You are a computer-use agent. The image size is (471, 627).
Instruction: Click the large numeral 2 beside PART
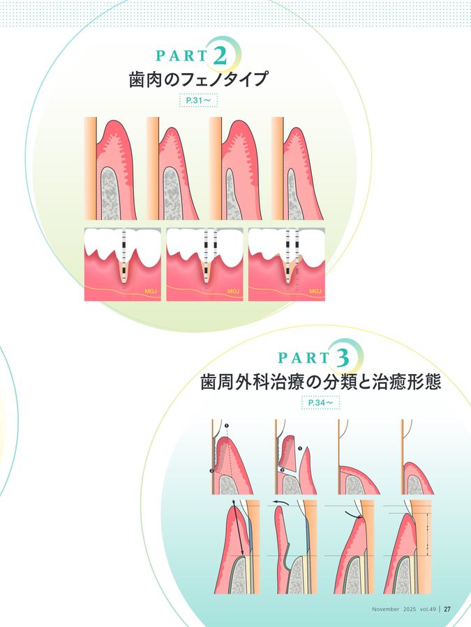tap(220, 56)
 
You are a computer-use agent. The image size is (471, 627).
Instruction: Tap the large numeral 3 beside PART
tap(343, 357)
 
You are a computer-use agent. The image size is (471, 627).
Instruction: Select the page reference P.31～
tap(198, 101)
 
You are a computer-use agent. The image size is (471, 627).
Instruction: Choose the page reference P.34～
tap(320, 403)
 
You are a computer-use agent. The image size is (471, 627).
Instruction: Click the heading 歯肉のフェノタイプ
tap(198, 79)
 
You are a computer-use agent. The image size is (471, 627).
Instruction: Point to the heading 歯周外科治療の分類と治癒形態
tap(320, 382)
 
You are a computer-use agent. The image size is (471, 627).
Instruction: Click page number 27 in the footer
tap(447, 609)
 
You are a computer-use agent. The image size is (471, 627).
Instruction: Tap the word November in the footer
tap(386, 609)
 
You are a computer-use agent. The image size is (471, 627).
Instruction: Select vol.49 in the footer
tap(428, 609)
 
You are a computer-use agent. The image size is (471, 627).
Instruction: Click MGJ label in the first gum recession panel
tap(151, 291)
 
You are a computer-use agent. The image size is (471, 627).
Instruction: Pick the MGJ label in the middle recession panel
tap(233, 291)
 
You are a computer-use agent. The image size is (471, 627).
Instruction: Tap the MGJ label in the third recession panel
tap(315, 291)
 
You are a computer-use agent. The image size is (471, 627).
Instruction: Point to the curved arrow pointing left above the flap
tap(281, 502)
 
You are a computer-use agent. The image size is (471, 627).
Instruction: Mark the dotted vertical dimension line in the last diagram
tap(427, 534)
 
